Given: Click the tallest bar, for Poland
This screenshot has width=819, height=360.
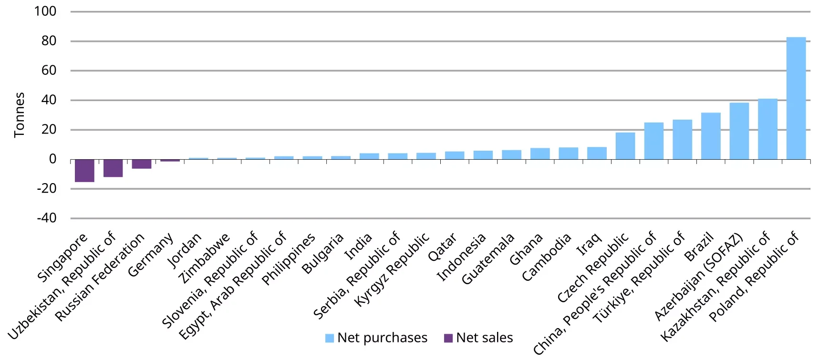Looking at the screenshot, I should (x=796, y=98).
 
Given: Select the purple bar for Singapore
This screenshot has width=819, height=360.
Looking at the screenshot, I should (x=84, y=170).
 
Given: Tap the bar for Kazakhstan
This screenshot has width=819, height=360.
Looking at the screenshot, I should (x=767, y=129).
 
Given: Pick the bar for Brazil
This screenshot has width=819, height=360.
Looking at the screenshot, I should (x=710, y=136).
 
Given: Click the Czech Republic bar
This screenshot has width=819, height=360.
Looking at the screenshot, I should (x=625, y=146).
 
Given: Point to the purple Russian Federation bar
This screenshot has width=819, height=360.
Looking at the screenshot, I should (x=141, y=164).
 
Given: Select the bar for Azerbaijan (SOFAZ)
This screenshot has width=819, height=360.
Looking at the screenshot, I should (x=739, y=131).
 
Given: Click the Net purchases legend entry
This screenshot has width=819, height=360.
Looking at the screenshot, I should (x=376, y=338).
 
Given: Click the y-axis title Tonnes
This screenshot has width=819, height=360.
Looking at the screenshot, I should (x=19, y=115).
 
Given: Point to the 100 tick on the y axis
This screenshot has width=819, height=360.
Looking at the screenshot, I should (x=45, y=11).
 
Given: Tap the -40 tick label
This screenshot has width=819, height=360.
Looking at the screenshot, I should (x=47, y=218).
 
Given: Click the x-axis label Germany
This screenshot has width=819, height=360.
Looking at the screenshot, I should (x=150, y=255).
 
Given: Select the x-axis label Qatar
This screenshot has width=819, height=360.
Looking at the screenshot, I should (x=442, y=247).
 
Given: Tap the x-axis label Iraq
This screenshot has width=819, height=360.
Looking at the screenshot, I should (x=589, y=244).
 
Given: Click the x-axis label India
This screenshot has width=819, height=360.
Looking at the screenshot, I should (x=358, y=247).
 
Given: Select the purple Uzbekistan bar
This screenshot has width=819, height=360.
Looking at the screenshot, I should (x=113, y=168).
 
